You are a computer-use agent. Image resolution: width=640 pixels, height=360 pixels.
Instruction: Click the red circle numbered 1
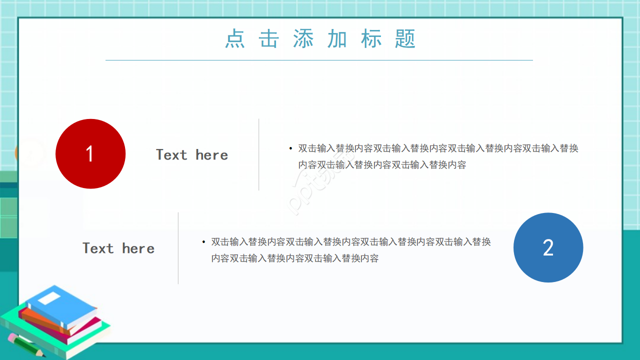90,153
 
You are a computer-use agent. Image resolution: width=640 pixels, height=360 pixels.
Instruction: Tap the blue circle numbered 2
548,247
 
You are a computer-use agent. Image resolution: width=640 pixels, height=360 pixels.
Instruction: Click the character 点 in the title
234,39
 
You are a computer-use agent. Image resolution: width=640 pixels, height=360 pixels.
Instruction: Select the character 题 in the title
405,39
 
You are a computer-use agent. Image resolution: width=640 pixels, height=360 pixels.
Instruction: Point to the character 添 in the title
303,39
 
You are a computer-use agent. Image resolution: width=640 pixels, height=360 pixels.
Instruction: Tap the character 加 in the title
337,39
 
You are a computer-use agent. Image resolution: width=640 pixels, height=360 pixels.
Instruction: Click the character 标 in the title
371,39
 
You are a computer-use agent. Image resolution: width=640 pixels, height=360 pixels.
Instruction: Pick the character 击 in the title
269,39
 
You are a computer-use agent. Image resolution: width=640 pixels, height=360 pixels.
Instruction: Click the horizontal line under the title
319,60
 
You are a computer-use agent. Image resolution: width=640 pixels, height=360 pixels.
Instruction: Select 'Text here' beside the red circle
192,155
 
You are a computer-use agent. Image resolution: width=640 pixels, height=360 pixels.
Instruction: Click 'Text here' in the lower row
118,248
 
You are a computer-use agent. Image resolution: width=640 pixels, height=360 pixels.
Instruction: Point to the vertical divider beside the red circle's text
258,154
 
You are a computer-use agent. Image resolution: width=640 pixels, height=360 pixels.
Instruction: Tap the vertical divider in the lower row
178,248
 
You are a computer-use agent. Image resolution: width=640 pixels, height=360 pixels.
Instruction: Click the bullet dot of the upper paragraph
290,148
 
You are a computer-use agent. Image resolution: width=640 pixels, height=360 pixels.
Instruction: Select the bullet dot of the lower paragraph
203,242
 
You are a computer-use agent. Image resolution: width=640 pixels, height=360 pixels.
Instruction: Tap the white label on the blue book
49,298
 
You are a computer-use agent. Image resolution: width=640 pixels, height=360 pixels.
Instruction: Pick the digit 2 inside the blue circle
548,248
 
